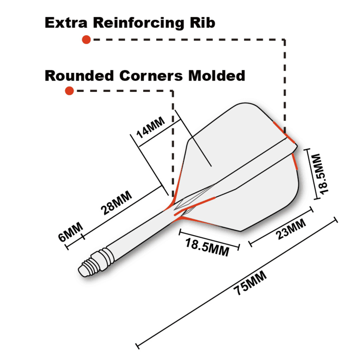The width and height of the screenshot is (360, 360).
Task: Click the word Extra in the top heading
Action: [66, 23]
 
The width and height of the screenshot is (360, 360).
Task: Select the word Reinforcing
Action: [139, 23]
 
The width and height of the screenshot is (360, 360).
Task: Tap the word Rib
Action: [202, 23]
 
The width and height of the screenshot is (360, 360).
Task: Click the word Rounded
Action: [79, 76]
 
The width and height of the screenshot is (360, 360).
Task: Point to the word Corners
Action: [151, 76]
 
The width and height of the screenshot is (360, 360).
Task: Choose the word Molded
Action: [216, 76]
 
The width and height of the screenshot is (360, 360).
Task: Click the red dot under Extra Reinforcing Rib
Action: [86, 40]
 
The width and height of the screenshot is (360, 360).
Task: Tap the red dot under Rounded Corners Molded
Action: [69, 91]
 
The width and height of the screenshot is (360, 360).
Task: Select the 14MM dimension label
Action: [151, 127]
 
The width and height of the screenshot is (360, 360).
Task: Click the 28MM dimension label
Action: [117, 203]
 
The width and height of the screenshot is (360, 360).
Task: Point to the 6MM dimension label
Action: [71, 232]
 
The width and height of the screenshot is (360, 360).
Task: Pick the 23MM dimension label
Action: [291, 229]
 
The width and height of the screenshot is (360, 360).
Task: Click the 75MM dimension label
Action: [250, 283]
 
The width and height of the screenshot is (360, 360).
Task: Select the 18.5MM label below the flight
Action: [207, 247]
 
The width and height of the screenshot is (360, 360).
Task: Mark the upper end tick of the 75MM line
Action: [335, 219]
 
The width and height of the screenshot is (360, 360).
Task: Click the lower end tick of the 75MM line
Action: [137, 346]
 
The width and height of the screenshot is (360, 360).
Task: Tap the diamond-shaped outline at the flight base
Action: [194, 195]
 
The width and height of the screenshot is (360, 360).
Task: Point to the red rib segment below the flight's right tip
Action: [295, 162]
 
